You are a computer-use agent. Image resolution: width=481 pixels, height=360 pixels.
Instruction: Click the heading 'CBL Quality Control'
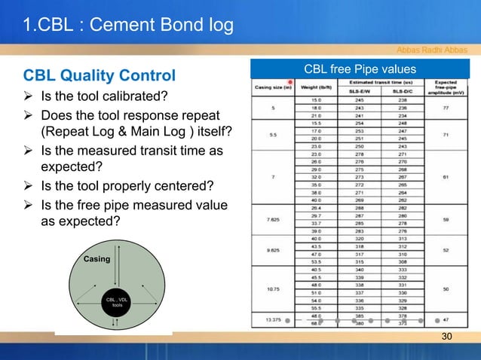100,75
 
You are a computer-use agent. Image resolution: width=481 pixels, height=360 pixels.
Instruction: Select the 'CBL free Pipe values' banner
360,70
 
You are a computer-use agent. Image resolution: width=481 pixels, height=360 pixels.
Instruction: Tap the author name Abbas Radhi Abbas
431,50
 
